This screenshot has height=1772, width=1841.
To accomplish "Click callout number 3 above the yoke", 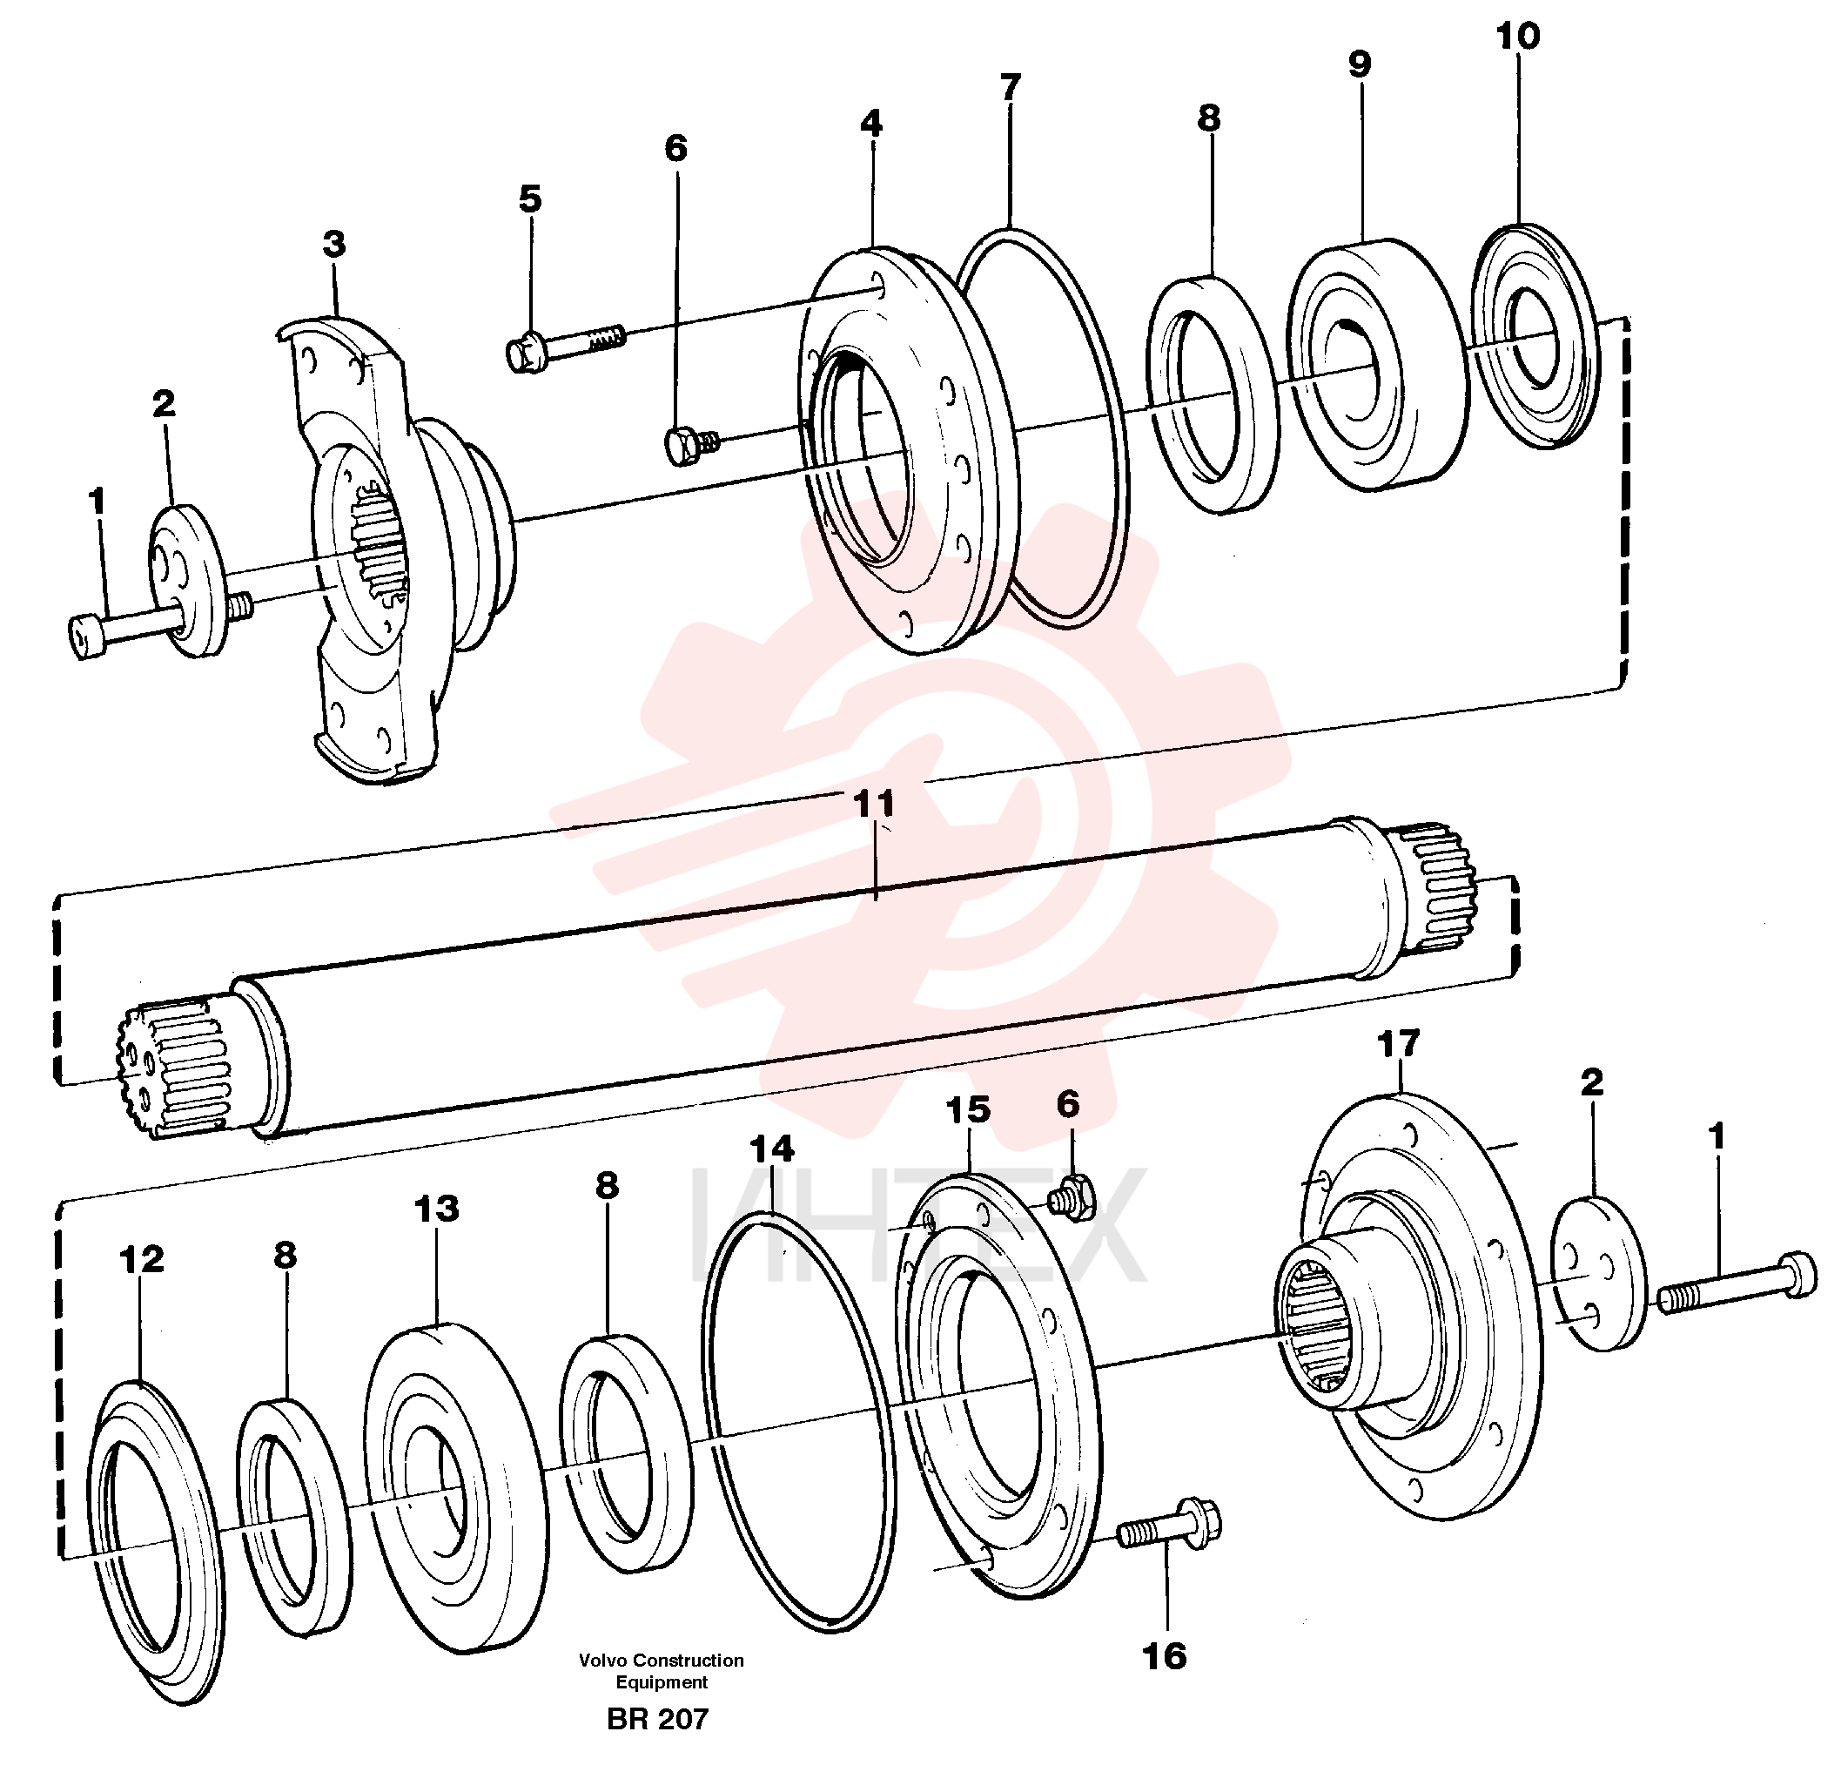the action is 334,245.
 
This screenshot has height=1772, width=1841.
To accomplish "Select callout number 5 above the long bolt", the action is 531,199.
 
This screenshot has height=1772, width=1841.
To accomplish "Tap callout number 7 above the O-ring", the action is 1010,87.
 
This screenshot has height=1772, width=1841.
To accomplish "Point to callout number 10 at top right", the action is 1518,37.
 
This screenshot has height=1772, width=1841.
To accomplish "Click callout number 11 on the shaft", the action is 874,804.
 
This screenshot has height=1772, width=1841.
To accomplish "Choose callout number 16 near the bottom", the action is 1165,1656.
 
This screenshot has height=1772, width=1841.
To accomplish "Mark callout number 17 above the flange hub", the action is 1399,1044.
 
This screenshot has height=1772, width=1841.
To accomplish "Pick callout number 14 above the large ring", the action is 772,1149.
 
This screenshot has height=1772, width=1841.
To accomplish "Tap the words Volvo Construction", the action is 662,1661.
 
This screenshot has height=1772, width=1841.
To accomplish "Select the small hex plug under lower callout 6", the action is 1070,1197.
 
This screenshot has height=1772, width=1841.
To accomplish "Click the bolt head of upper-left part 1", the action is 87,636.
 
